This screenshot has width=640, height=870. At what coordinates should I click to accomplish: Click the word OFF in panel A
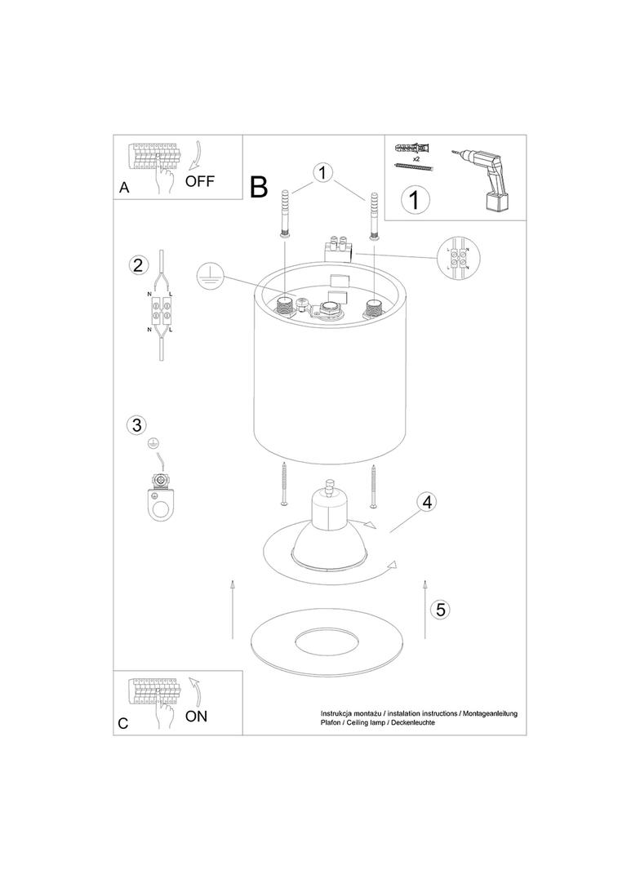[x=199, y=181]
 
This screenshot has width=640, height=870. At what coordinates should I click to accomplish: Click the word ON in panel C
[x=196, y=717]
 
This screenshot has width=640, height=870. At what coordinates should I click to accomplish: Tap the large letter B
[x=260, y=187]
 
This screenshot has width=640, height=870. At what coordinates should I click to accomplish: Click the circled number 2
[x=138, y=264]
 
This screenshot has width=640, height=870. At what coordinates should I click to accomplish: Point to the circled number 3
[x=136, y=425]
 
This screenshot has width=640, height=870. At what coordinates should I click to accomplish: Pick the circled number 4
[x=426, y=502]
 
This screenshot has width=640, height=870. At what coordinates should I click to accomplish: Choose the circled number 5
[x=440, y=609]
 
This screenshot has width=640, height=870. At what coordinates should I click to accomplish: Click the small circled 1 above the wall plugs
[x=322, y=172]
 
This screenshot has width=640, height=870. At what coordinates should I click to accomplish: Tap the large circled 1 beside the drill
[x=415, y=199]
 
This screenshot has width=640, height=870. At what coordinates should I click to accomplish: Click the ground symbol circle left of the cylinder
[x=209, y=275]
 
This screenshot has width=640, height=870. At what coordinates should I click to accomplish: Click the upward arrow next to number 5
[x=424, y=609]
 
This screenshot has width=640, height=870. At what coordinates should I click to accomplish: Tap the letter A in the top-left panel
[x=124, y=188]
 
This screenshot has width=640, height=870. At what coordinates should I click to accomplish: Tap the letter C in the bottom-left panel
[x=123, y=724]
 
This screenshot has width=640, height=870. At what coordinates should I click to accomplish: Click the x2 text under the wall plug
[x=416, y=158]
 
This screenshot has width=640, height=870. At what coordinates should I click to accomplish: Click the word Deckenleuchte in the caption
[x=413, y=723]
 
